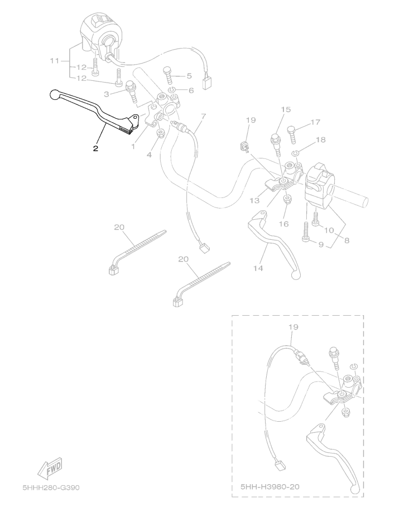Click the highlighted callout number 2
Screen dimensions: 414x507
tap(95, 148)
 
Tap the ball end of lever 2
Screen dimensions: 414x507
tap(54, 95)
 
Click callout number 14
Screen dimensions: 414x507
tap(258, 268)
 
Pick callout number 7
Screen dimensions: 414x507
tap(204, 116)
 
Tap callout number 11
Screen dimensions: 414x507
tap(55, 61)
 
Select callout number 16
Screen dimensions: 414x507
tap(283, 224)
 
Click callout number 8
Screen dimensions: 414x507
tap(346, 240)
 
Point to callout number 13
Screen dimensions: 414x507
tap(255, 200)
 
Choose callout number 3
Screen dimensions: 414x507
tap(107, 94)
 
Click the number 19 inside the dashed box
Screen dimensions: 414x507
tap(293, 327)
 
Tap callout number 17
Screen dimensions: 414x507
tap(315, 122)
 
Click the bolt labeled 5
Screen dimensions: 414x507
tap(167, 76)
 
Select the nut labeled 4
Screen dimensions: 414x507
tap(160, 133)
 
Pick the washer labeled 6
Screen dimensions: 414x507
tap(172, 90)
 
